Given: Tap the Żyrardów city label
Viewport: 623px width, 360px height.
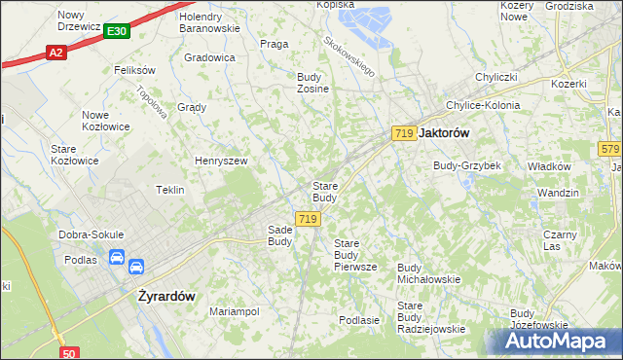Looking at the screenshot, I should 164,291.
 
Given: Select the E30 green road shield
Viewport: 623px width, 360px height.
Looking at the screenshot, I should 117,32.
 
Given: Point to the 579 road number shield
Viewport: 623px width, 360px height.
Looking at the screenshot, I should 609,148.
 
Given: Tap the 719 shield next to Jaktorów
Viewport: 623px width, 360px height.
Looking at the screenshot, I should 404,132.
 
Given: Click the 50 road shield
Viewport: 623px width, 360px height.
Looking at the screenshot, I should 68,353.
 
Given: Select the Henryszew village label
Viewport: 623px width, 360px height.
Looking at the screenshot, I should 221,161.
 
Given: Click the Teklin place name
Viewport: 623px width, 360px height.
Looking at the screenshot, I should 170,190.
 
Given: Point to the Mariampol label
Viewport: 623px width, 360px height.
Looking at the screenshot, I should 235,311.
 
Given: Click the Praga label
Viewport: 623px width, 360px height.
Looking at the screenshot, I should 274,44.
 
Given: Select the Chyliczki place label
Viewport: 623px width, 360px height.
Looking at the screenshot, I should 495,76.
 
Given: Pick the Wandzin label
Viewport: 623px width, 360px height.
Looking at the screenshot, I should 557,193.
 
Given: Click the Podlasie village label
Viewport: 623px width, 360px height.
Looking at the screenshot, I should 358,319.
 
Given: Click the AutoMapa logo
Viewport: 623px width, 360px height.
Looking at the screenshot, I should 560,342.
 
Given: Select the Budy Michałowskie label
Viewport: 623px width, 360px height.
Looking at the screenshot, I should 428,272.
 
